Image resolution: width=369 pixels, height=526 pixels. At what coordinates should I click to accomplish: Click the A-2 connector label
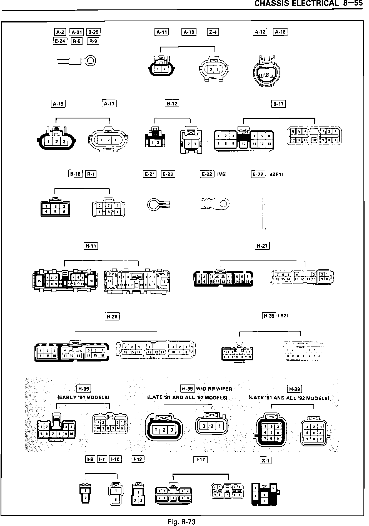point(60,32)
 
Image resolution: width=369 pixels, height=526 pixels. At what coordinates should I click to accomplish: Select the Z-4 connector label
point(213,32)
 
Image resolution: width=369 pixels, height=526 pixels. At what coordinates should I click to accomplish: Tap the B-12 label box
point(172,104)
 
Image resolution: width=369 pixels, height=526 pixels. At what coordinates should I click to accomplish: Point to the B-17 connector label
point(278,104)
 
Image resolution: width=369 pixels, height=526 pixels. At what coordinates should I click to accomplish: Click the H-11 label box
point(91,246)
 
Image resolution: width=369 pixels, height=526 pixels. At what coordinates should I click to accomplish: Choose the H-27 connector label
point(262,246)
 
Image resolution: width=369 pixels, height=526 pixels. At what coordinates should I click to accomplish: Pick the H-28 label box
point(112,316)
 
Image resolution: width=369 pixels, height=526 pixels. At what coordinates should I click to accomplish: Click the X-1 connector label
point(266,461)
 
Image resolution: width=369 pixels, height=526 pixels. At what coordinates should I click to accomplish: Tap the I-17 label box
point(200,460)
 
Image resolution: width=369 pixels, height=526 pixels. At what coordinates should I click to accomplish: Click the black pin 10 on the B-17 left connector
point(243,144)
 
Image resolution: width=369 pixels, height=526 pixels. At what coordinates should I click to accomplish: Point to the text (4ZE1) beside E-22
point(276,175)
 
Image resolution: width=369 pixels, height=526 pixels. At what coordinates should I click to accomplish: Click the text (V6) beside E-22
point(222,175)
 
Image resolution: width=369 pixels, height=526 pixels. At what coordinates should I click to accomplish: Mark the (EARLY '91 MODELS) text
point(83,397)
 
